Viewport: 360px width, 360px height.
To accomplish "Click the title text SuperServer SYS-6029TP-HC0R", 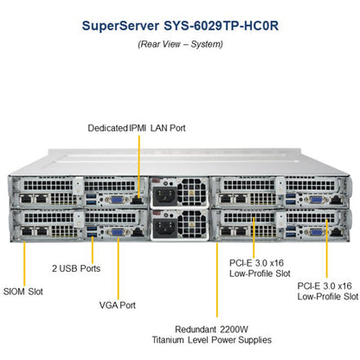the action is click(x=180, y=26).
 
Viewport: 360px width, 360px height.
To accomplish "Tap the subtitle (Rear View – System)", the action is click(x=180, y=44).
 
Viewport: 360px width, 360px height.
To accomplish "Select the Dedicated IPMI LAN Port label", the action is click(x=137, y=128).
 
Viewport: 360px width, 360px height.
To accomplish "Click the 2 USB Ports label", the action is click(x=76, y=268).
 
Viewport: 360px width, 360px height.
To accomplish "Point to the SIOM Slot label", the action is click(x=23, y=292).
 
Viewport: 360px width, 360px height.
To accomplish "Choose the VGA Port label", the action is click(x=118, y=305).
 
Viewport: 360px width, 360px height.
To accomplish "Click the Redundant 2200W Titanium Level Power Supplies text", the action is click(x=212, y=335).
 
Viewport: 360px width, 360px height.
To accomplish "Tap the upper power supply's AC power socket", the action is click(x=164, y=196).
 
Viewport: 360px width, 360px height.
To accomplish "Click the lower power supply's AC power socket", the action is click(x=164, y=228).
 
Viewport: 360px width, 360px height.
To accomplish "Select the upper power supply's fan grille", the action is click(x=192, y=192).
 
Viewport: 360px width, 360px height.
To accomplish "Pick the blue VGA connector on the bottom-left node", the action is click(x=117, y=232).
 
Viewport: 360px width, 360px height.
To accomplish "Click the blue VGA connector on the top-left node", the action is click(x=116, y=200).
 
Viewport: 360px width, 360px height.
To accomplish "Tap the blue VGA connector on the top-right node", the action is click(x=317, y=200).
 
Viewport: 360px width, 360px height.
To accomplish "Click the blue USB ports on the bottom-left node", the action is click(x=92, y=232).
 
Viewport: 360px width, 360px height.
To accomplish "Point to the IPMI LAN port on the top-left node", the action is click(x=137, y=200).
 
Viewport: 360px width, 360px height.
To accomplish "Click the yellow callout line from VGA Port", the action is click(x=119, y=269).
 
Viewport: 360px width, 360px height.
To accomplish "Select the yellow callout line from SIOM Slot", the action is click(x=24, y=264).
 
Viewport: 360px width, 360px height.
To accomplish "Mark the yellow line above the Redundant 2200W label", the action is click(x=217, y=280).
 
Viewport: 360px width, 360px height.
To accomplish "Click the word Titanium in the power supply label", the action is click(x=168, y=340).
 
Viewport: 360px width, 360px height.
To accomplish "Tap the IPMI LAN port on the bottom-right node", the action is click(x=337, y=232).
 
